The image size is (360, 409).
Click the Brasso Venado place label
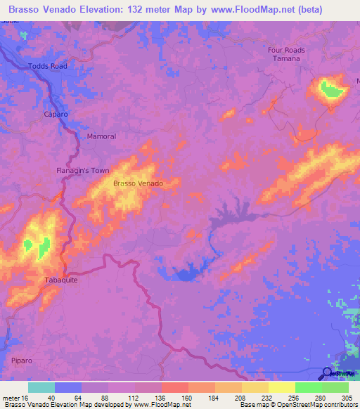tap(138, 183)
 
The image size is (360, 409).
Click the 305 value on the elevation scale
tap(344, 398)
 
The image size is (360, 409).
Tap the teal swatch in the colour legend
tap(41, 387)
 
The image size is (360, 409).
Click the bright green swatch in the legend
tap(308, 387)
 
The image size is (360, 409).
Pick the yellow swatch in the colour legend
tap(281, 387)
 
